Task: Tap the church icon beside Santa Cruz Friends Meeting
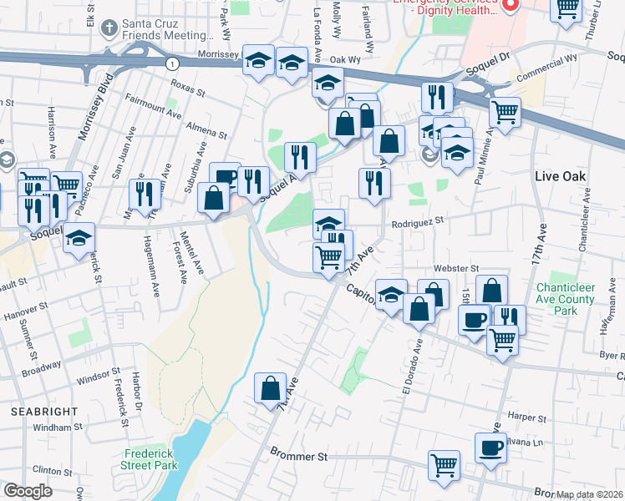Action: click(x=108, y=28)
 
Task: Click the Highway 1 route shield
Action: click(x=171, y=63)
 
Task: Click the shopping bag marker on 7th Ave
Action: click(x=270, y=388)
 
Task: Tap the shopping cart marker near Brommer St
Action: click(x=444, y=465)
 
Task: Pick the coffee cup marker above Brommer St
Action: click(x=490, y=447)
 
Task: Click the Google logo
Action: click(x=28, y=491)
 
